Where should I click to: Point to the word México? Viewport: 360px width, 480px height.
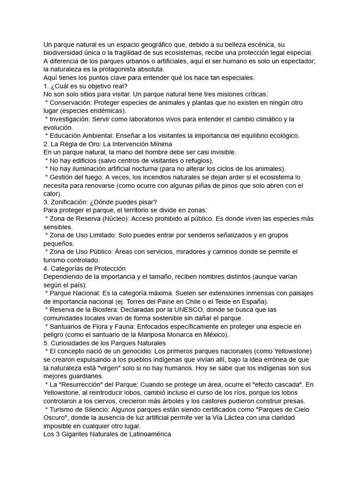coord(213,335)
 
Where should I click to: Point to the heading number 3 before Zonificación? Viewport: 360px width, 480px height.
coord(45,202)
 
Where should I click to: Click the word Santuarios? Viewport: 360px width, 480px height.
coord(67,327)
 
